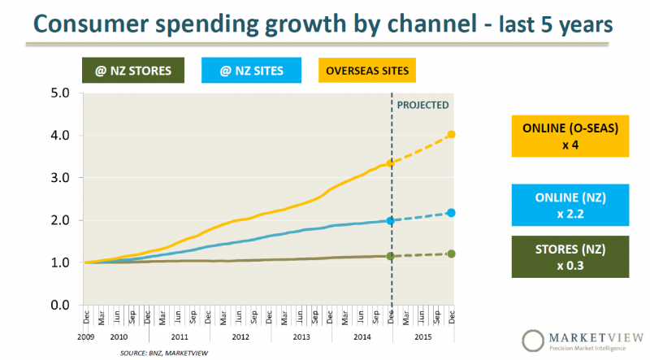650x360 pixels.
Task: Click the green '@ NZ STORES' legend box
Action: click(132, 70)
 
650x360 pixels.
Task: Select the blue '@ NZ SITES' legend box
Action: click(251, 70)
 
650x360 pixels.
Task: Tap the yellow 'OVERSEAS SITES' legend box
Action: click(366, 70)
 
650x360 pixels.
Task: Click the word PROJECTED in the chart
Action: click(422, 105)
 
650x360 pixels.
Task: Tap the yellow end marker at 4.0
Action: click(452, 134)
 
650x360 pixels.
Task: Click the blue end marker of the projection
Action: click(452, 213)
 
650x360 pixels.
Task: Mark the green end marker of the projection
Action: click(452, 254)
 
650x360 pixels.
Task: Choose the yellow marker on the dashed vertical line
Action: click(391, 163)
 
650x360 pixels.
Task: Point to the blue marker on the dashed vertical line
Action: click(391, 220)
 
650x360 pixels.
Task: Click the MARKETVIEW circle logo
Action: click(532, 340)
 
